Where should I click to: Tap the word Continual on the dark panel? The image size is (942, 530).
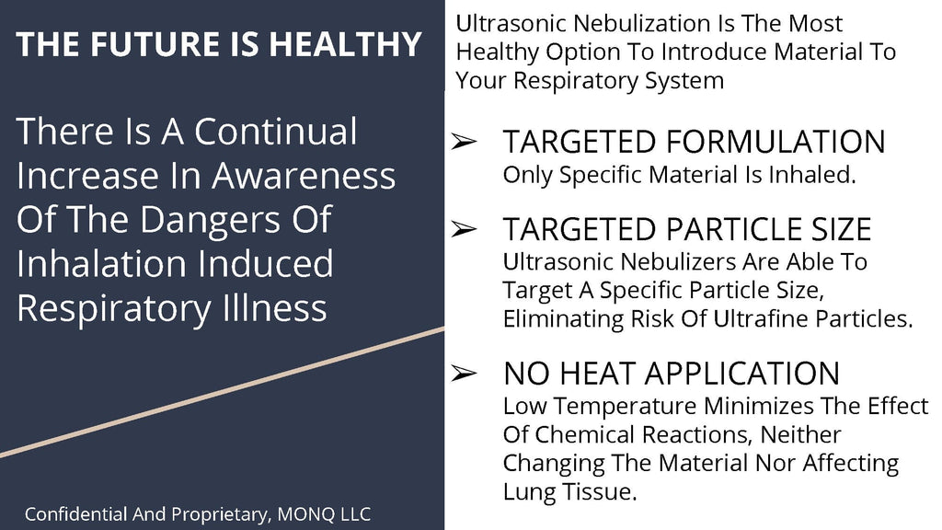tap(276, 132)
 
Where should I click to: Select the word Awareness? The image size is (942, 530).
tap(304, 176)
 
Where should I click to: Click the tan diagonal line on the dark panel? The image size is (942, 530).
tap(223, 392)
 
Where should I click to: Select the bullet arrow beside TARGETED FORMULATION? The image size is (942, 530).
tap(464, 142)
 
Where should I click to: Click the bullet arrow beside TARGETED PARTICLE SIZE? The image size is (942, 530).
tap(464, 229)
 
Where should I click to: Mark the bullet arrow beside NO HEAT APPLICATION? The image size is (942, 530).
tap(464, 374)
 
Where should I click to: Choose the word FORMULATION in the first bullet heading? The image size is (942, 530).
tap(775, 143)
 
